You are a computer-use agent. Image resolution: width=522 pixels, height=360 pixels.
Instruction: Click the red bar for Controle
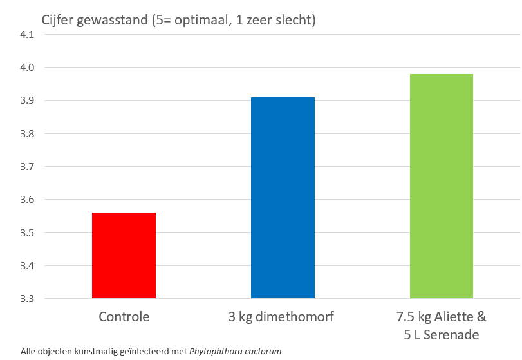124,255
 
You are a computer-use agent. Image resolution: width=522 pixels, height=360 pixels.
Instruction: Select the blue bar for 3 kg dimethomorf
283,198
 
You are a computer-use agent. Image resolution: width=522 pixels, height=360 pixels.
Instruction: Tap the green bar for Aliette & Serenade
442,186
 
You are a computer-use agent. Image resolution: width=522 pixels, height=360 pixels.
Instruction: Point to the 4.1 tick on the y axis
27,35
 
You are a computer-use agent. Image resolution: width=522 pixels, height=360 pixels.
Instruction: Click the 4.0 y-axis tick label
27,68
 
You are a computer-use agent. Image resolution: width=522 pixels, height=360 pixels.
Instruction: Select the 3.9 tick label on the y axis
27,101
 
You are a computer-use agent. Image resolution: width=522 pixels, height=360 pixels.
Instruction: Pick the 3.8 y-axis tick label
27,134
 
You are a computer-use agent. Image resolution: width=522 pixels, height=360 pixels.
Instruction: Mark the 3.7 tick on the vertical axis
27,167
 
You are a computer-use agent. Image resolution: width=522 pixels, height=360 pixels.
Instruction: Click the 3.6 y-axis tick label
27,200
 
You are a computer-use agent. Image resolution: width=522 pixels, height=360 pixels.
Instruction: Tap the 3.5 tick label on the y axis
27,233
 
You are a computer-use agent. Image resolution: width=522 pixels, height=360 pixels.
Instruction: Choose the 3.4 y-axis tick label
27,266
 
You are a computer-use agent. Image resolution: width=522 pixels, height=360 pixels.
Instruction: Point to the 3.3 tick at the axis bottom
27,299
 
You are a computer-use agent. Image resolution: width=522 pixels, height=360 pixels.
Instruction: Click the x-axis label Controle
124,317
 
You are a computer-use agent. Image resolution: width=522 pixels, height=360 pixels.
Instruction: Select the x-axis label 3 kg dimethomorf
283,317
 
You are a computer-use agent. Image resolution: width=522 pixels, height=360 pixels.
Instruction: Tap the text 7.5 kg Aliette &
442,317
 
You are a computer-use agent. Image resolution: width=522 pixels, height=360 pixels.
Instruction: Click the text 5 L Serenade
442,335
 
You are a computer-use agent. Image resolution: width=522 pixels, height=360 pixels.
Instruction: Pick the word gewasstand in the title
113,21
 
